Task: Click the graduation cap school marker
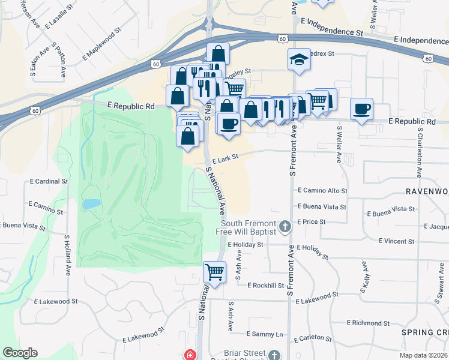[299, 59]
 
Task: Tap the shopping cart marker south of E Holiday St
[214, 272]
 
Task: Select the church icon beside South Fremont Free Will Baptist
[285, 227]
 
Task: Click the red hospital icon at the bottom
[190, 355]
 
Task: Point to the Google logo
[20, 353]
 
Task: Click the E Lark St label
[224, 157]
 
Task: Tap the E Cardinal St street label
[49, 181]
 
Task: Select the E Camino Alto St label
[323, 191]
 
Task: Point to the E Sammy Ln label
[264, 334]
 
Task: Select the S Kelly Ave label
[364, 276]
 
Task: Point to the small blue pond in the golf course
[91, 204]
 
